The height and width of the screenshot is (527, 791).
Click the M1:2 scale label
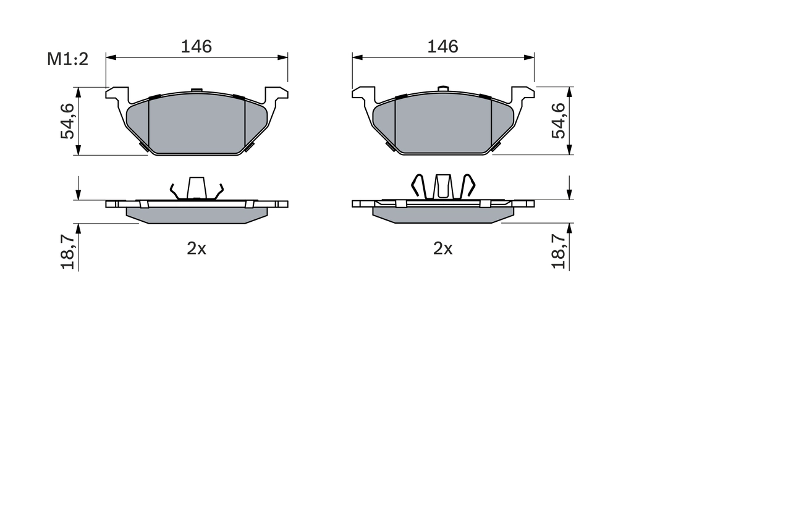tap(69, 59)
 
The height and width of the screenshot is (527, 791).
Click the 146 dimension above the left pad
tap(196, 46)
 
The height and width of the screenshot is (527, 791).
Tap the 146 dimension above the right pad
tap(442, 46)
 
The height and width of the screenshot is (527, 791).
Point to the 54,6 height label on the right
tap(558, 120)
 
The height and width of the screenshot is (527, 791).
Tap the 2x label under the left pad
tap(197, 248)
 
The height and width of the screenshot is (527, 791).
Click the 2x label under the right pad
tap(442, 248)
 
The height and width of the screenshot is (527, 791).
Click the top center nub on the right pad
tap(442, 89)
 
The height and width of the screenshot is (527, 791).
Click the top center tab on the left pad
tap(197, 91)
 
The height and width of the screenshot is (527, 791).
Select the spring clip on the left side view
tap(197, 188)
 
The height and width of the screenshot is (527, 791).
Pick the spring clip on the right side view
tap(443, 187)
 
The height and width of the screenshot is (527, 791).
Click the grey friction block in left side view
tap(197, 214)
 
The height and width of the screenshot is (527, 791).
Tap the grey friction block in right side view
tap(442, 214)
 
